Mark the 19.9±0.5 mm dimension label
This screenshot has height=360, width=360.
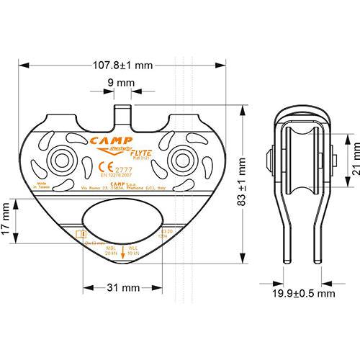tap(305, 293)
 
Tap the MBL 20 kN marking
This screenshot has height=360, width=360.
tap(109, 251)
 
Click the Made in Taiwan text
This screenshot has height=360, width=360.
tap(41, 188)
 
